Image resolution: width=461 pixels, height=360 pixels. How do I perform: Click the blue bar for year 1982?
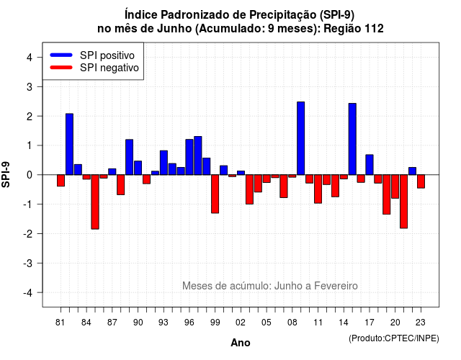[x=69, y=144]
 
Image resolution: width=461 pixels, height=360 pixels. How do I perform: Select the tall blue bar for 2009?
[x=301, y=138]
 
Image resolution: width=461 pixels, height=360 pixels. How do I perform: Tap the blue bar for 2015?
[x=352, y=139]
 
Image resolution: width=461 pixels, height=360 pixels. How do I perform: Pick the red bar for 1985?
[x=95, y=202]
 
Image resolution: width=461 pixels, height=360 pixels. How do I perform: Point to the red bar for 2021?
[x=403, y=202]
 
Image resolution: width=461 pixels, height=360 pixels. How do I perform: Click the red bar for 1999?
[x=215, y=194]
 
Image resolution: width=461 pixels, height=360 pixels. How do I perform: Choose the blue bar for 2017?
[x=370, y=165]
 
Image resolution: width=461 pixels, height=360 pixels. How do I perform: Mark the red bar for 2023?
[x=421, y=181]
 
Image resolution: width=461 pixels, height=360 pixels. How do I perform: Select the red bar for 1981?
[x=61, y=181]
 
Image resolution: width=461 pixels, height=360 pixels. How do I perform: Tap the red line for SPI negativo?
[x=61, y=68]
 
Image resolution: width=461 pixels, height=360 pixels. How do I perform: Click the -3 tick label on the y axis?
[x=28, y=264]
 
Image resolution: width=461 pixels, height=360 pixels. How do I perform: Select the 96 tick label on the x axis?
[x=189, y=323]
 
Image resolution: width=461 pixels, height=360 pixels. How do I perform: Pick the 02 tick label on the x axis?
[x=241, y=323]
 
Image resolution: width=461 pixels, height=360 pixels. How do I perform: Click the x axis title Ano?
[x=241, y=343]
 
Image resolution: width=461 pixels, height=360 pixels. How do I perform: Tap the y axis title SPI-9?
[x=6, y=174]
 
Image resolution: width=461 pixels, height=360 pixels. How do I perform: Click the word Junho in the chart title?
[x=174, y=29]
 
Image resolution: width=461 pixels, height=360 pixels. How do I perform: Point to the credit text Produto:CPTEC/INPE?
[x=394, y=338]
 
